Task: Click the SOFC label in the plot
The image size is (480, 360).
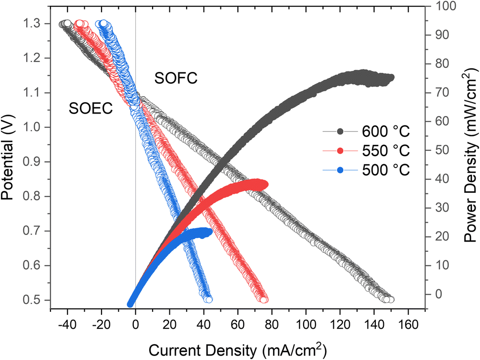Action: (176, 78)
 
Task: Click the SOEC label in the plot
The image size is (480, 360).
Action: (90, 109)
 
